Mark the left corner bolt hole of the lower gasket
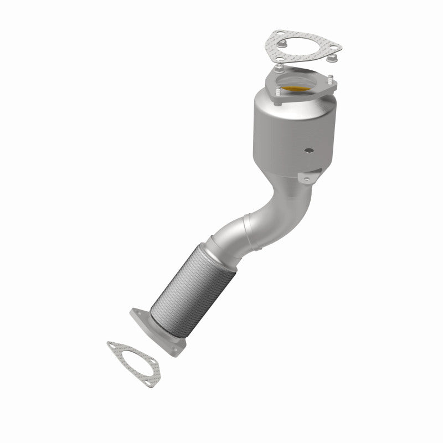pyautogui.click(x=113, y=347)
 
